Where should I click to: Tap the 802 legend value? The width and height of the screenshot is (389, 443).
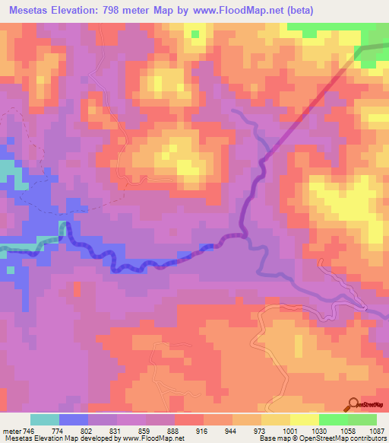pos(88,430)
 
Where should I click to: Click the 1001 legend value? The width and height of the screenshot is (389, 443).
pos(289,430)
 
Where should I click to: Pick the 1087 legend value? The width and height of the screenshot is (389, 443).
pos(377,430)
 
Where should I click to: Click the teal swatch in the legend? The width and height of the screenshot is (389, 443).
pos(45,419)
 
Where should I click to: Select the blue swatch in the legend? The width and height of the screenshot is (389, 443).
pos(74,419)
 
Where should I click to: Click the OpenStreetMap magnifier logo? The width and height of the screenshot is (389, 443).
pos(354,404)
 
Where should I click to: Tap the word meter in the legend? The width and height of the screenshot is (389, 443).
pos(11,430)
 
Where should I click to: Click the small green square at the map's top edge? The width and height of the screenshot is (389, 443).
pos(195,33)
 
